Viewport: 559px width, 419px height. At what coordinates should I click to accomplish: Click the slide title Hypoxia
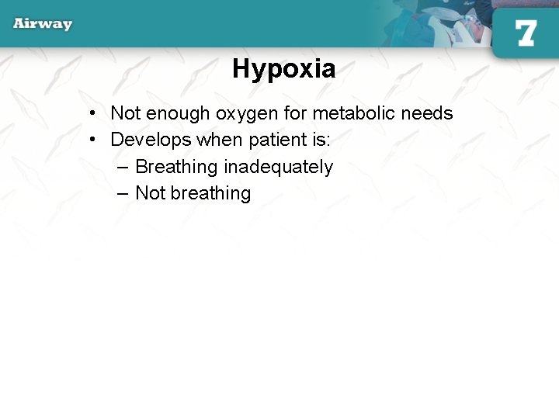tap(283, 70)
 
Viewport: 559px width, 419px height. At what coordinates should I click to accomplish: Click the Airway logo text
tap(43, 23)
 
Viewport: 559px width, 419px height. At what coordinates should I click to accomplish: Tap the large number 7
tap(526, 33)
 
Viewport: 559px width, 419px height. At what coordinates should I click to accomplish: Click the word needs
tap(429, 113)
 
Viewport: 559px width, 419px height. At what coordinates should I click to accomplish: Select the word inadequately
tap(278, 167)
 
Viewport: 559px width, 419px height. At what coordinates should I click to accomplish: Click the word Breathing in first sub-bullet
tap(176, 167)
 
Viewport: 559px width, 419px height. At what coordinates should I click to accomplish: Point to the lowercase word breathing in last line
tap(210, 193)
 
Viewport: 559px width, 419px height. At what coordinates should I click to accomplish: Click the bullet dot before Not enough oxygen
tap(92, 113)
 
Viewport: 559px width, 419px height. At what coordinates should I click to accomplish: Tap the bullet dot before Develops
tap(92, 140)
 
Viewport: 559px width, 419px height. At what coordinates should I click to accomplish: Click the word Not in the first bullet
tap(126, 113)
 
